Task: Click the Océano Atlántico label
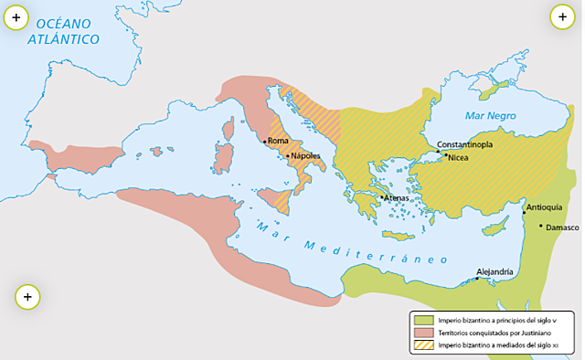(x=61, y=31)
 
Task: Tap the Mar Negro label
(x=490, y=116)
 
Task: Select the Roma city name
(x=278, y=141)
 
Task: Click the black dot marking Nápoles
(x=288, y=156)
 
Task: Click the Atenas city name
(x=396, y=197)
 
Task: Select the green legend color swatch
(x=422, y=320)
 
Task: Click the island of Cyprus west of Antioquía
(x=496, y=225)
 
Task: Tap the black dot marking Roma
(x=264, y=142)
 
